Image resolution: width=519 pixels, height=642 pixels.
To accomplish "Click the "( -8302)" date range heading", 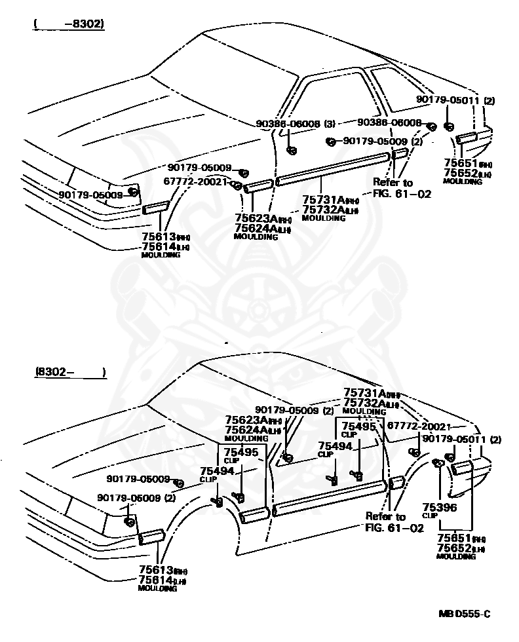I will [69, 25].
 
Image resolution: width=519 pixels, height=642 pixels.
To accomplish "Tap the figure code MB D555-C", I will [464, 614].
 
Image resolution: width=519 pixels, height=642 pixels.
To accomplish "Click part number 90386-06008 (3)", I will [296, 123].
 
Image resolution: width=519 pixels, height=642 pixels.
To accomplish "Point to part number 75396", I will [439, 506].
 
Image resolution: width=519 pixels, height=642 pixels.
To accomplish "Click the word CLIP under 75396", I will [430, 516].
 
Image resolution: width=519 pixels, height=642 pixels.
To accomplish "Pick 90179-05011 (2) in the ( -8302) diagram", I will [455, 100].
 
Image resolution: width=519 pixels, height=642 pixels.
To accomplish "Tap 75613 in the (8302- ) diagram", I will [155, 570].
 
